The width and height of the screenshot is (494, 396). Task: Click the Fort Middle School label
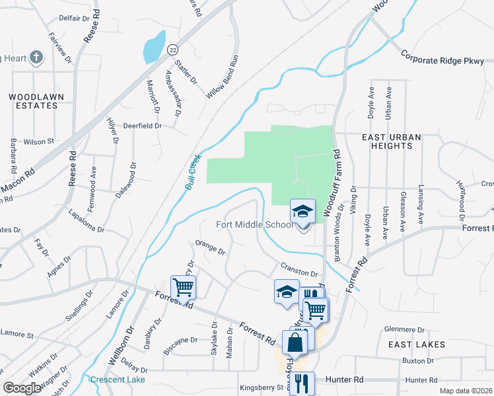(255, 224)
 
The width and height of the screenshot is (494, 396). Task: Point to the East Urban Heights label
(392, 141)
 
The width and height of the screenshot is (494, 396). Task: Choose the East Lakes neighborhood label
(417, 345)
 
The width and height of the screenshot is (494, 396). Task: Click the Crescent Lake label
(118, 379)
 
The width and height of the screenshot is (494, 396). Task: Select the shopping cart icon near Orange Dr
(183, 287)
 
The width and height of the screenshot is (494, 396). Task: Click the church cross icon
(36, 58)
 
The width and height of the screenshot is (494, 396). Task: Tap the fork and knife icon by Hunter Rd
(301, 383)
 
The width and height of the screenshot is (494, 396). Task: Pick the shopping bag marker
(295, 342)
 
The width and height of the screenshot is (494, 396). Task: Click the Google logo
(22, 387)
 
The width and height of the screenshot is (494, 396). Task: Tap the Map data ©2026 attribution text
(465, 391)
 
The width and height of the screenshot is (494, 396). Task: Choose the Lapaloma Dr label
(87, 220)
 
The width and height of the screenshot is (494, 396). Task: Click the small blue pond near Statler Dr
(153, 46)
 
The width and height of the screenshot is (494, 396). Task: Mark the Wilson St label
(38, 141)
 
